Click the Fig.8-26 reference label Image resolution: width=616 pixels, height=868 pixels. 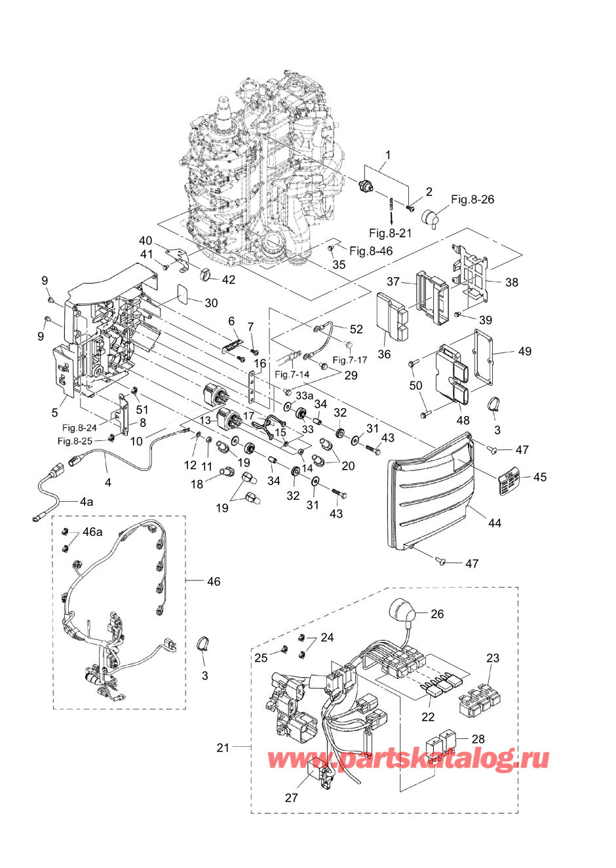[x=472, y=200]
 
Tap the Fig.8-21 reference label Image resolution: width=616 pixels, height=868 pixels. [x=390, y=233]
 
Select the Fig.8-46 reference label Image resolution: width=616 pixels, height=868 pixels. [x=371, y=251]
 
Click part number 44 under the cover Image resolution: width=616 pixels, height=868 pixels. [x=494, y=523]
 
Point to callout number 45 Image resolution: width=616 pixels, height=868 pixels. [x=539, y=477]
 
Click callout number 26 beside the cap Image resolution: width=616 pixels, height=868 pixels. [x=437, y=614]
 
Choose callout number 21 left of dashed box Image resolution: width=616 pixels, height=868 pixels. [x=223, y=747]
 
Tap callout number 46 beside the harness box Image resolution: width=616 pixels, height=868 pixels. [x=214, y=581]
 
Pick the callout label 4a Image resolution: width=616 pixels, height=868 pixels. [x=87, y=502]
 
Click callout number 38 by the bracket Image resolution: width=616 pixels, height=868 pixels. [x=512, y=282]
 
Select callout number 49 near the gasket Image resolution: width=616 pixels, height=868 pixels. [x=524, y=352]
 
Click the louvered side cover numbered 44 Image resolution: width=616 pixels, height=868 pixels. [x=433, y=498]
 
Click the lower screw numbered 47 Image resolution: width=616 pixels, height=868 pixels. [x=441, y=561]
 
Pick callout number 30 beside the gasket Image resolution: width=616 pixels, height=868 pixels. [x=211, y=303]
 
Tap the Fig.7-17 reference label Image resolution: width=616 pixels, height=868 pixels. [x=350, y=360]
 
